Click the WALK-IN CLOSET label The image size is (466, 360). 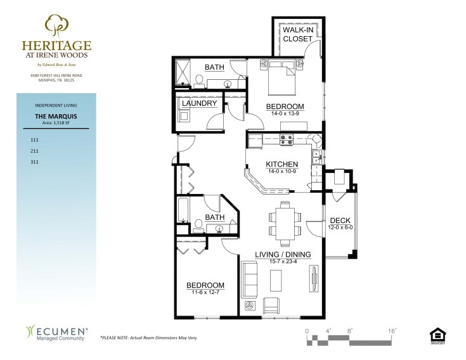point(297,34)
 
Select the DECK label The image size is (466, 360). point(340,220)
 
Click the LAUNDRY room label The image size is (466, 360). point(200,103)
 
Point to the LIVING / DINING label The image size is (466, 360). point(283,255)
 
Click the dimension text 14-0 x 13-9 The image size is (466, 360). point(285,113)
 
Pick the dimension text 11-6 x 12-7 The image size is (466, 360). point(205,292)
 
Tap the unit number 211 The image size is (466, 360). point(35,151)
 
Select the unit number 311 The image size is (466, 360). point(35,163)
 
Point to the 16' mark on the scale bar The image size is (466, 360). point(392,330)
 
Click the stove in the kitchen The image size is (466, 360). point(286,141)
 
